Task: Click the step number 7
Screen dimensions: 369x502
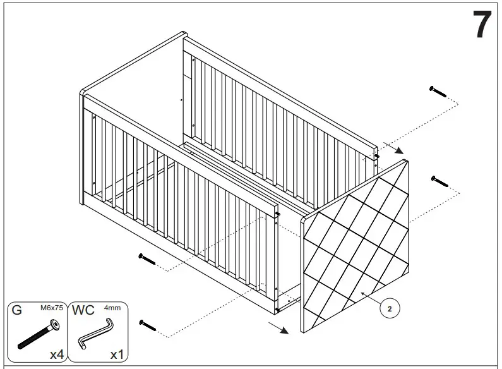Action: [481, 25]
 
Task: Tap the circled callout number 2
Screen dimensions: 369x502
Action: [390, 309]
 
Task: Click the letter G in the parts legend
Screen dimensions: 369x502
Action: [17, 311]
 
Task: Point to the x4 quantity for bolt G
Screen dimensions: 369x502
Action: [57, 354]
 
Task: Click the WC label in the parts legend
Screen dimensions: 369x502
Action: [83, 311]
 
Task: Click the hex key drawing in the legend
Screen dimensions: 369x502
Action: [95, 333]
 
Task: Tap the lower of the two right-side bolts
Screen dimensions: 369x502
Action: [439, 181]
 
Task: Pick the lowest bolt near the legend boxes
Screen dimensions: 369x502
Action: [147, 325]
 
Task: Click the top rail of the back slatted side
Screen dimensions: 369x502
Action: [278, 82]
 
